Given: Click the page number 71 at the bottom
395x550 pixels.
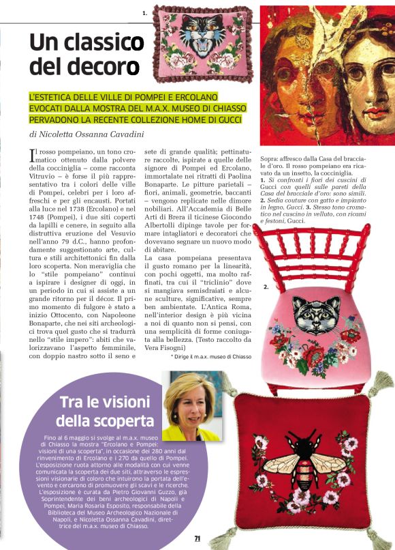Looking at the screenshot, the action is coord(197,538).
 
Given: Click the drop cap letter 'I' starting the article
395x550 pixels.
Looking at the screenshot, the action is coord(33,156).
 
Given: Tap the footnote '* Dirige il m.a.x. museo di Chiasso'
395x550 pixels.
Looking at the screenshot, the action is coord(212,356).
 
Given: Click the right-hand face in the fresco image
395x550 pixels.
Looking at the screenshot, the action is coord(366,75).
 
